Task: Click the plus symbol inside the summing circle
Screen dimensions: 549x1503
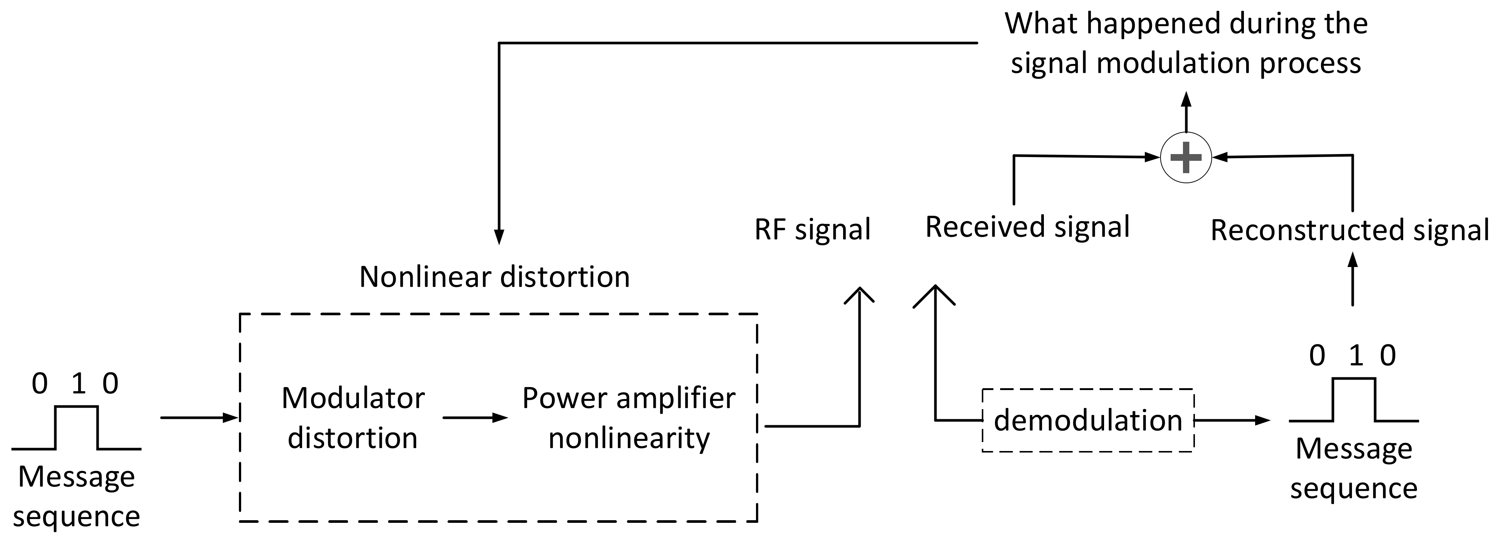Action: [1186, 157]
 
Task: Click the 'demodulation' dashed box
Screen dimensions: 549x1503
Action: [1088, 420]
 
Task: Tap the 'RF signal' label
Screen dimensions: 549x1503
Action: [812, 229]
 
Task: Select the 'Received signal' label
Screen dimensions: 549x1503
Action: [1027, 227]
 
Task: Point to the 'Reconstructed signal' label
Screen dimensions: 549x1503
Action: [1350, 230]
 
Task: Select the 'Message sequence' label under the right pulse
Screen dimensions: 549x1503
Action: [1353, 469]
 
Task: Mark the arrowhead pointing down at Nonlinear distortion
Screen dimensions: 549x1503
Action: [499, 237]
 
